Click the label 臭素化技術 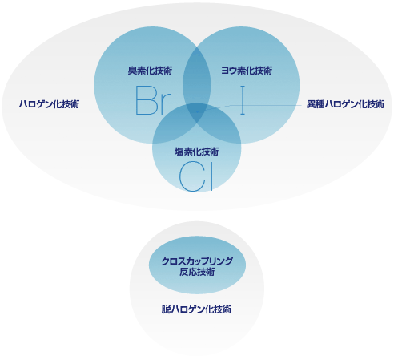tap(150, 71)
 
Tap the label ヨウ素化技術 tap(247, 71)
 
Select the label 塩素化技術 tap(197, 152)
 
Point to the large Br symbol tap(153, 100)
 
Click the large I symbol tap(243, 100)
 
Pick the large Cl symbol tap(196, 176)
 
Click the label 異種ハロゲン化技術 tap(345, 104)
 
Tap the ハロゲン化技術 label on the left tap(49, 104)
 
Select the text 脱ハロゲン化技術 tap(196, 309)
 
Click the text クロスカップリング tap(197, 261)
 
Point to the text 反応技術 tap(197, 272)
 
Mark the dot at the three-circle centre tap(197, 111)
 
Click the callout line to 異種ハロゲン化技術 tap(250, 106)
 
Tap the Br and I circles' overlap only tap(197, 76)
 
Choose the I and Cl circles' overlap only tap(223, 126)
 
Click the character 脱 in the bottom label tap(166, 309)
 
